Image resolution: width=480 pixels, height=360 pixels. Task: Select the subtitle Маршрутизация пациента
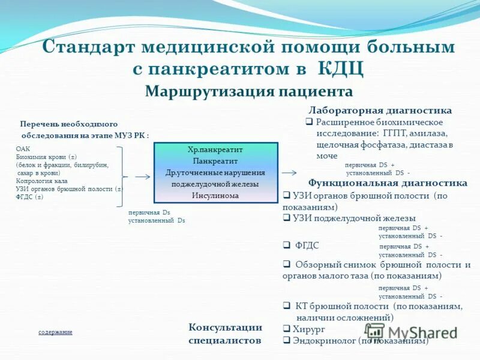click(248, 92)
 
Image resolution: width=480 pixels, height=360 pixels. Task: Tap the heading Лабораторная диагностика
click(380, 110)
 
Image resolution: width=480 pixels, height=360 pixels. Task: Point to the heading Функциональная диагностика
click(387, 183)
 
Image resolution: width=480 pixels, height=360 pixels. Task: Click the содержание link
click(55, 332)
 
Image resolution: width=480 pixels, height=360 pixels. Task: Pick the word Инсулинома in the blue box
click(215, 196)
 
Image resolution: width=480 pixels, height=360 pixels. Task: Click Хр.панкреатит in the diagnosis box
click(215, 149)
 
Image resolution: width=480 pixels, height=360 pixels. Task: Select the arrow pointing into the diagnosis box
click(143, 177)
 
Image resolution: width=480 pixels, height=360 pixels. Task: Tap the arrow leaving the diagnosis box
click(289, 172)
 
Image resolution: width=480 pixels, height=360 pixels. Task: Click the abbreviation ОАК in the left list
click(22, 149)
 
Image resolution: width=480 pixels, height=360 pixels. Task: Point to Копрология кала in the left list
click(41, 181)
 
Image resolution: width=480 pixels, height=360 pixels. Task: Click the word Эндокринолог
click(324, 340)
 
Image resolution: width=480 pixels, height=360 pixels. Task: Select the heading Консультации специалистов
click(225, 334)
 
